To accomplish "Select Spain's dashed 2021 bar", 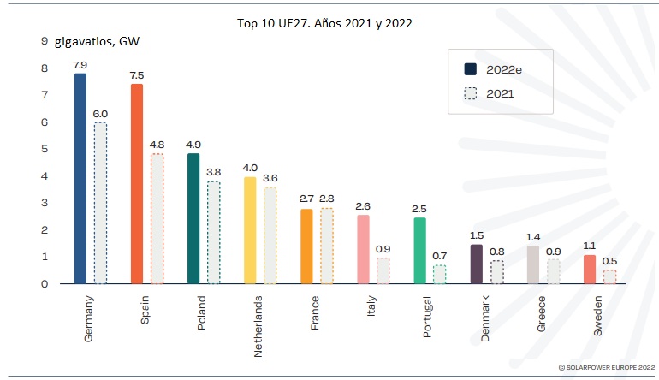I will [x=157, y=219].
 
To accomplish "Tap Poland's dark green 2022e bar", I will [x=193, y=218].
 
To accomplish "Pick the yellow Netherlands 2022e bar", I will [x=250, y=230].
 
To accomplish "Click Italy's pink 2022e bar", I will [x=364, y=249].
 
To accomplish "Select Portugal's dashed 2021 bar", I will [x=440, y=274].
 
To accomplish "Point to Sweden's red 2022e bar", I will [x=590, y=269].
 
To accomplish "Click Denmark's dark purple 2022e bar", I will [x=477, y=264].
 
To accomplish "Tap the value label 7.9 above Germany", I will [x=80, y=64].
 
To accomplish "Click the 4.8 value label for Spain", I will [x=157, y=145].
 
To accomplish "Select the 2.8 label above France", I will [x=326, y=199].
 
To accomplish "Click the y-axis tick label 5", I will [x=43, y=149].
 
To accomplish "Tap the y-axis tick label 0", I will [x=43, y=283].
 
